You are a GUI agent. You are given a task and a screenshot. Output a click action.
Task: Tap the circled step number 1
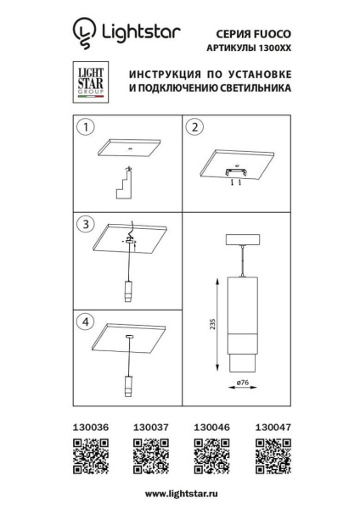pos(84,128)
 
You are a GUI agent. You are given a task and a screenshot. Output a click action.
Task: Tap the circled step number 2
pos(194,128)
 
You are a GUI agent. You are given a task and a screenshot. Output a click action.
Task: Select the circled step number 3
pos(84,225)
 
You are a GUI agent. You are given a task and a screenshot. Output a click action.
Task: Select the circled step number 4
pos(84,322)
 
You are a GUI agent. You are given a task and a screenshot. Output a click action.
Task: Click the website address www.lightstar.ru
pos(180,493)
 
